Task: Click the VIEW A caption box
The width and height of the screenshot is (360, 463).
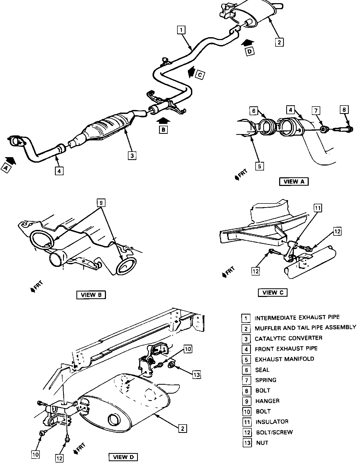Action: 294,181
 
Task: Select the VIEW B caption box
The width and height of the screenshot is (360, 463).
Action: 91,295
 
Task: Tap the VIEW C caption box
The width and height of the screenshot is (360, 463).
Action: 272,293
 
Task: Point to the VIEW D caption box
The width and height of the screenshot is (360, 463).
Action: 123,457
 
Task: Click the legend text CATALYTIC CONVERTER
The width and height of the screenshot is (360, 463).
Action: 288,338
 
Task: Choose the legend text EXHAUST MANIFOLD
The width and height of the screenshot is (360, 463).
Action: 284,359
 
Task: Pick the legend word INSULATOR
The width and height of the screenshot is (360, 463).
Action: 272,422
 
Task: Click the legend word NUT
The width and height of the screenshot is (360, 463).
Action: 262,443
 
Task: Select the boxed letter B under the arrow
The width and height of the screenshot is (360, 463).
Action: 163,130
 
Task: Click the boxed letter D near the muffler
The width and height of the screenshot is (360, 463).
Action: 250,52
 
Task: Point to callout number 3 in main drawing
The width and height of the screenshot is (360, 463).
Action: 132,156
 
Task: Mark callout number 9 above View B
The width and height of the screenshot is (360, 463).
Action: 101,202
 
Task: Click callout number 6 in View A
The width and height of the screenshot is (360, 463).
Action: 254,111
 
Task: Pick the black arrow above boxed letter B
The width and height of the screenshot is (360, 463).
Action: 164,120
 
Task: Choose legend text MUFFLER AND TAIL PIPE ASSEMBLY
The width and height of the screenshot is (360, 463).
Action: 305,328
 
